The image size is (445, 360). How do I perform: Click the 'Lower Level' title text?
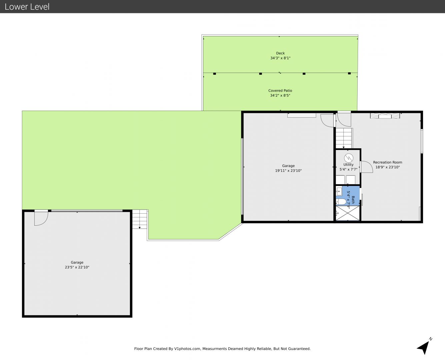(27, 7)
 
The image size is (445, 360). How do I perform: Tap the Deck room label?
(280, 53)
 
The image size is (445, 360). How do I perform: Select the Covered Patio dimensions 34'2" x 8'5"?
(280, 95)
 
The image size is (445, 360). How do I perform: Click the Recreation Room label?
(388, 162)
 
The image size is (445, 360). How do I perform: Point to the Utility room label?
(348, 165)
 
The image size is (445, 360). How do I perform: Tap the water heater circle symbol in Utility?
(349, 158)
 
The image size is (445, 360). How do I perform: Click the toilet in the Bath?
(341, 202)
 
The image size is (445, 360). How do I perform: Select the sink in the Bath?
(339, 191)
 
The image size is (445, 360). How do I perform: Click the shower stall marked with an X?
(348, 213)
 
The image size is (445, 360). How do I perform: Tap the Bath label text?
(353, 200)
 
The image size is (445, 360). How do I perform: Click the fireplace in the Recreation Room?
(385, 116)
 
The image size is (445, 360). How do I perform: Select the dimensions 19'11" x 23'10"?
(288, 171)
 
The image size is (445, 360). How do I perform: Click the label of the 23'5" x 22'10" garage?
(77, 262)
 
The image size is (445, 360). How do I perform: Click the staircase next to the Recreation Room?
(344, 138)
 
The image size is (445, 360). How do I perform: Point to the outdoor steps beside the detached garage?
(140, 219)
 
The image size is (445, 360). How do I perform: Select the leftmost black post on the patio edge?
(215, 74)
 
